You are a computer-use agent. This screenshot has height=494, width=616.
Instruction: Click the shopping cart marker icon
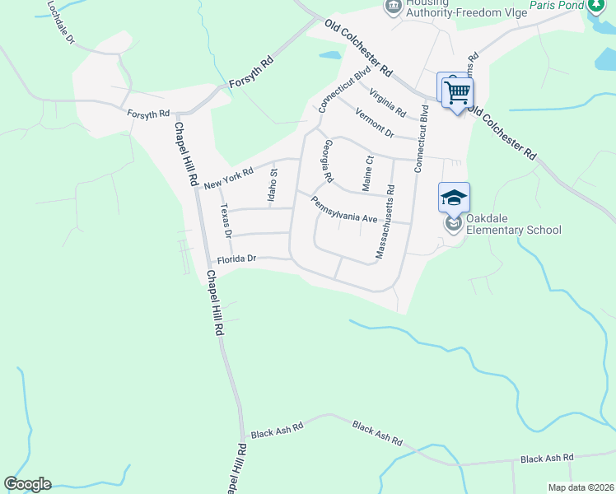point(457,91)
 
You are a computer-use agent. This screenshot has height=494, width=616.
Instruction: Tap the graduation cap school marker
point(454,198)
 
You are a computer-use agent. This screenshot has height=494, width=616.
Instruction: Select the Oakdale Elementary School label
point(514,224)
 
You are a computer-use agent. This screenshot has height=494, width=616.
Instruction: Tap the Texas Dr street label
point(226,221)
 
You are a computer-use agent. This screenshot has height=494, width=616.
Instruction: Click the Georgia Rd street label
point(327,161)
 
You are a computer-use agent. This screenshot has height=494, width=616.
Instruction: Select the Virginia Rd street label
point(387,102)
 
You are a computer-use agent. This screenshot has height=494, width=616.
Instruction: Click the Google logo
point(27,484)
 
